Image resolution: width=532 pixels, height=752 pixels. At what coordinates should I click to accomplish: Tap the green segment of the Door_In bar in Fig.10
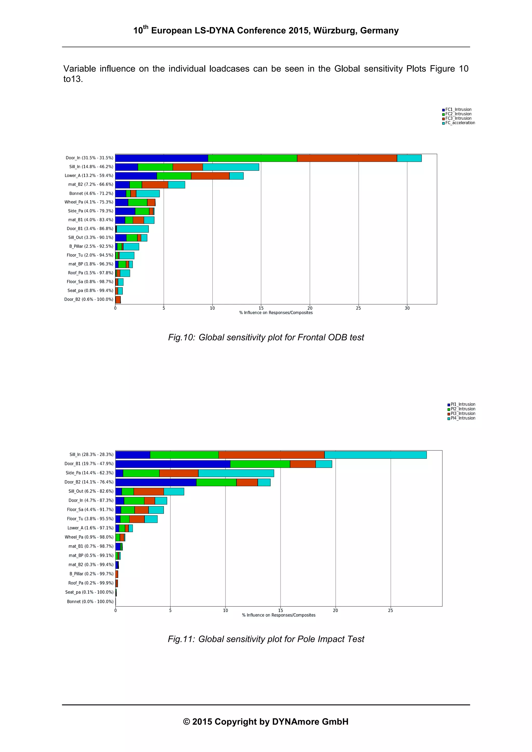point(252,158)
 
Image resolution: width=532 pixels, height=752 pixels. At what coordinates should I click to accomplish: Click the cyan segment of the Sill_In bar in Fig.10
point(231,167)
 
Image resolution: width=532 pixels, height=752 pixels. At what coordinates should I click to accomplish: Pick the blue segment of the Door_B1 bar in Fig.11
point(173,464)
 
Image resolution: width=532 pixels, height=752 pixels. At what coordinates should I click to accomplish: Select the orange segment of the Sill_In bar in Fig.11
point(271,455)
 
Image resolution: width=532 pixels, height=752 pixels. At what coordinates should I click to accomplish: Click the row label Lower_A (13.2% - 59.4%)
point(89,175)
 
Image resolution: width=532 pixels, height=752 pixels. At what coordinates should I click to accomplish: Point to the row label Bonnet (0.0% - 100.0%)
point(90,601)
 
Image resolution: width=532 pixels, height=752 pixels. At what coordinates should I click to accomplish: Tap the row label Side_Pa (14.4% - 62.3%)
point(89,473)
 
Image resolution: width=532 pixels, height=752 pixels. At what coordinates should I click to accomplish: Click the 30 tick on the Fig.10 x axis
point(407,308)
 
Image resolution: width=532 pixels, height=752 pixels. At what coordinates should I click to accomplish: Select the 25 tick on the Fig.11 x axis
point(390,611)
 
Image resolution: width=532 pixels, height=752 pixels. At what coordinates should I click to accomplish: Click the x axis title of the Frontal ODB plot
point(276,313)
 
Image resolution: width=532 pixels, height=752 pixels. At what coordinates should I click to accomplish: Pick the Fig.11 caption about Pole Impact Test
point(266,639)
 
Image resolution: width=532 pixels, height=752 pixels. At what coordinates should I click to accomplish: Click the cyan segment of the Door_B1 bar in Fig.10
point(132,229)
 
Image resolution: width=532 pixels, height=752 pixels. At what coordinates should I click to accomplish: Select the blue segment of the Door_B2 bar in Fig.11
point(156,482)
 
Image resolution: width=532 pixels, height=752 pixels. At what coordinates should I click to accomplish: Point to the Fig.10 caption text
point(266,337)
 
